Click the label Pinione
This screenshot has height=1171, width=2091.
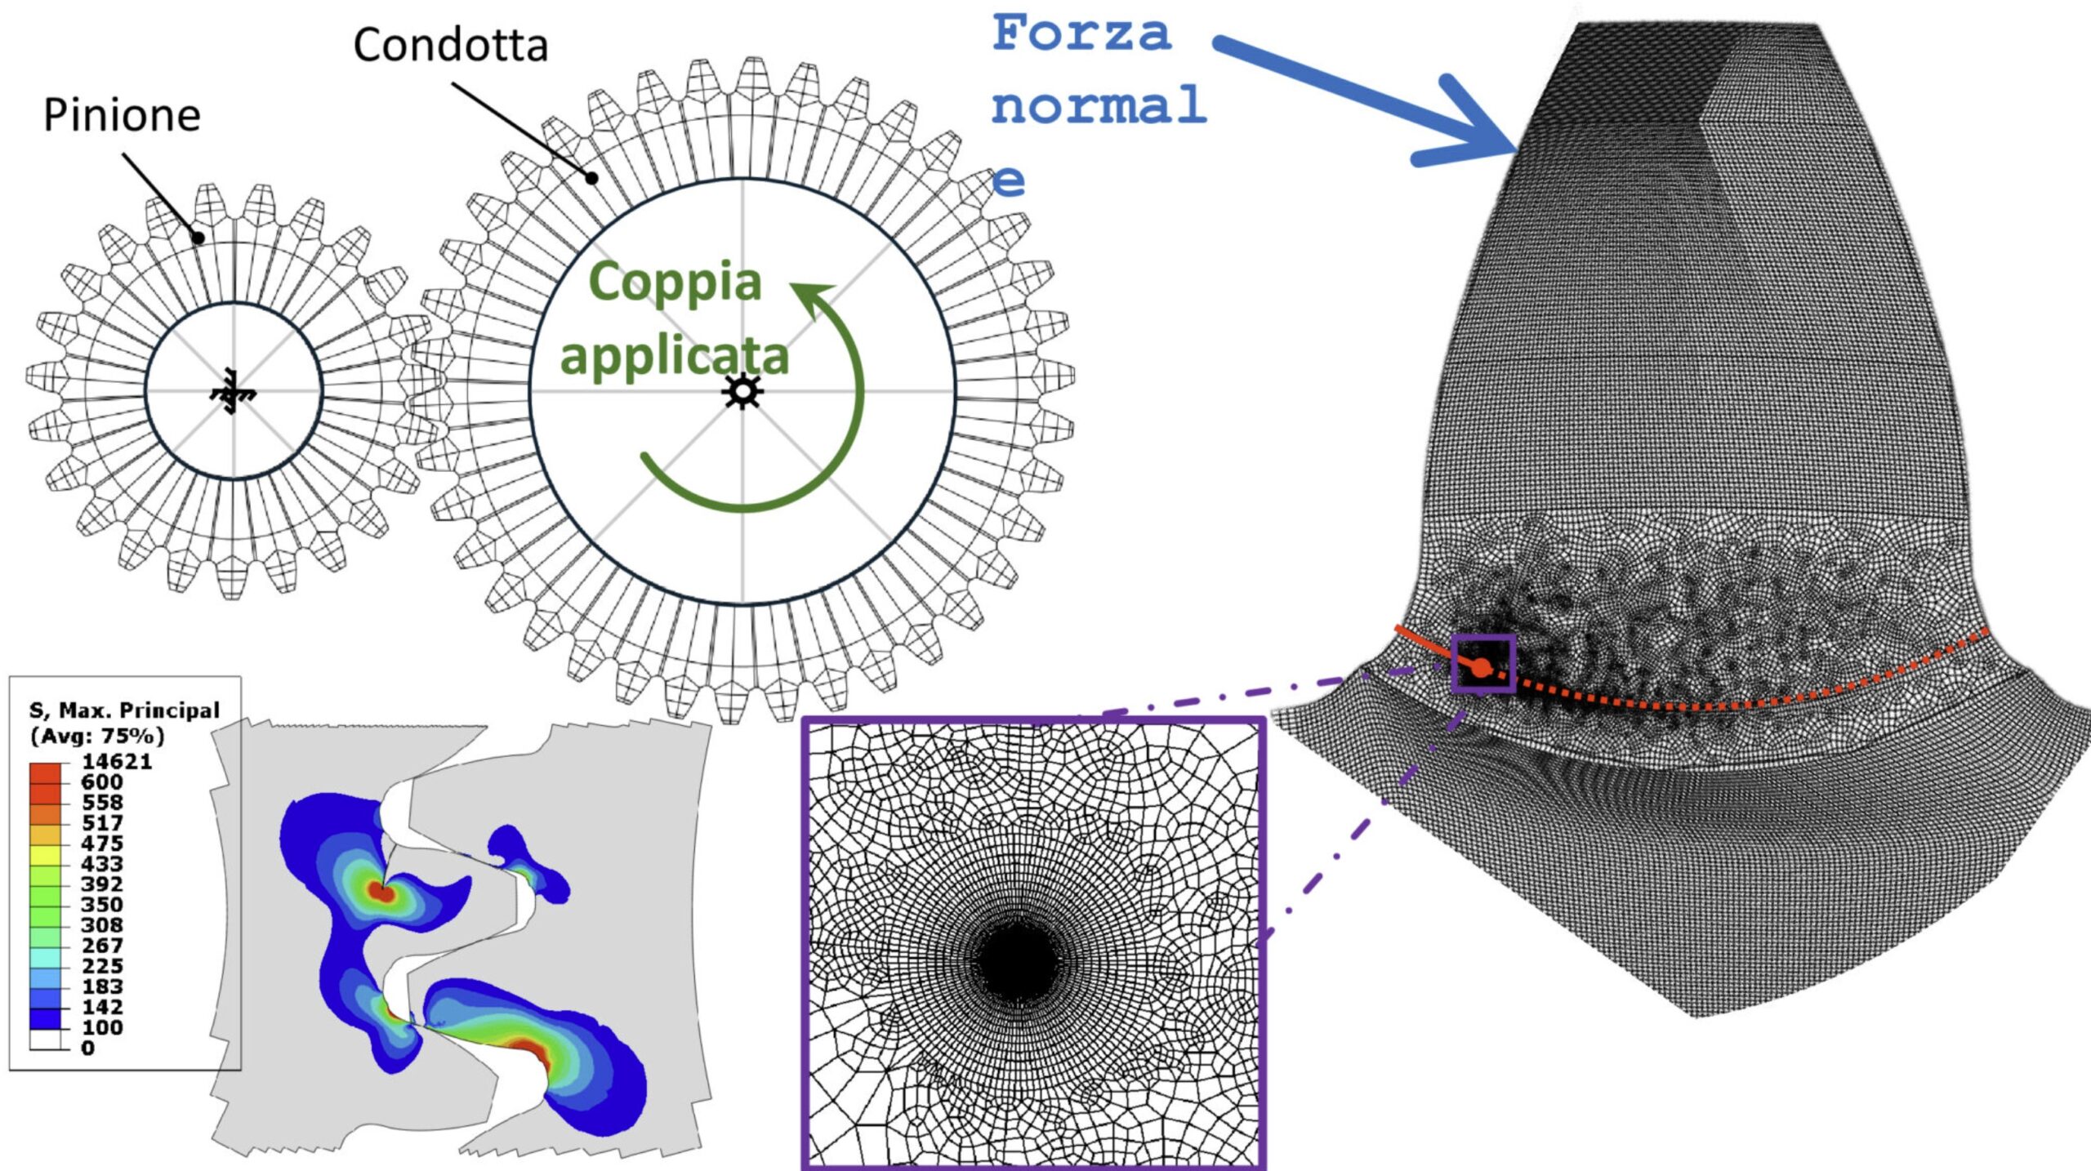(122, 115)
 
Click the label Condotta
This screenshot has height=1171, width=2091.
(450, 46)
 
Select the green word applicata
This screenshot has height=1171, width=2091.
(675, 357)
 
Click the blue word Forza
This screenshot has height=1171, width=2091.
(1081, 33)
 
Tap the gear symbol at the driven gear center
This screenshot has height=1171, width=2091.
(742, 391)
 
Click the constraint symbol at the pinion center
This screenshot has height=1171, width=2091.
(233, 393)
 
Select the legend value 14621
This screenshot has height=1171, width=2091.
(117, 762)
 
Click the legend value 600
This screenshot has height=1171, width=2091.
(102, 782)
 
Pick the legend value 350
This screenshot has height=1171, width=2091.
(102, 905)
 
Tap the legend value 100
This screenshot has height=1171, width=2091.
(102, 1027)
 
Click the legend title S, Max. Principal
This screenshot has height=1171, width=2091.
(125, 710)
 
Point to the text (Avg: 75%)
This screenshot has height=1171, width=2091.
(97, 736)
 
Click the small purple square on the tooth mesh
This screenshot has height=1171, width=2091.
(1483, 663)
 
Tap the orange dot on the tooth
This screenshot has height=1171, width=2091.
(1481, 669)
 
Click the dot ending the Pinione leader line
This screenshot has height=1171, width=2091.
(198, 238)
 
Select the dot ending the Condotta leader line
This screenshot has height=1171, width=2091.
(592, 177)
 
